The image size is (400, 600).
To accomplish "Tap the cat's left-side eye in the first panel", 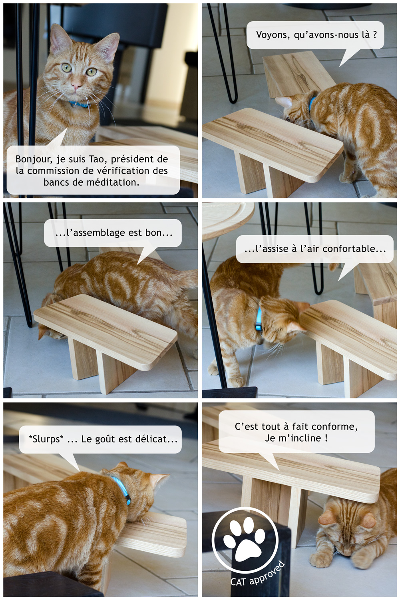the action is [67, 68].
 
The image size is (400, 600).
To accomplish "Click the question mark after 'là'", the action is [375, 35].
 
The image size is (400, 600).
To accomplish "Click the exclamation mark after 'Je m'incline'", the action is [326, 438].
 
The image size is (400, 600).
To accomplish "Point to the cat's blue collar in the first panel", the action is [78, 104].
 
